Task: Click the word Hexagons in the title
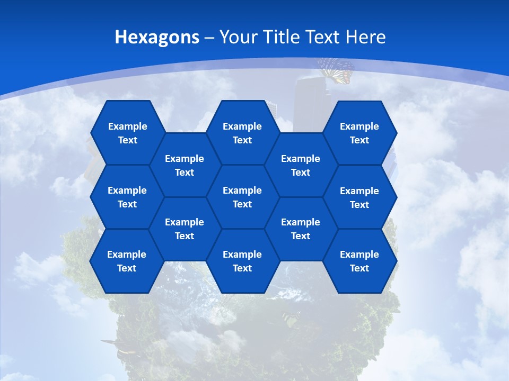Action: pyautogui.click(x=157, y=37)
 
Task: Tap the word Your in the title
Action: pyautogui.click(x=236, y=37)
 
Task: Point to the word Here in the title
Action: pyautogui.click(x=366, y=37)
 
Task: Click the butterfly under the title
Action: pyautogui.click(x=336, y=70)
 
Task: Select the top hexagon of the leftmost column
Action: pyautogui.click(x=127, y=133)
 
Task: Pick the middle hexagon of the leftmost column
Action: pyautogui.click(x=127, y=197)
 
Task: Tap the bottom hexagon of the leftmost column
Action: pyautogui.click(x=127, y=261)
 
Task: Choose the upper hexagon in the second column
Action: pyautogui.click(x=185, y=165)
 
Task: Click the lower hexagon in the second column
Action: pyautogui.click(x=185, y=229)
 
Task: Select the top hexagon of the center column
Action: pyautogui.click(x=242, y=133)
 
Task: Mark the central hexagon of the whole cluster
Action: pyautogui.click(x=242, y=197)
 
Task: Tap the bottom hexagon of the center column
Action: pyautogui.click(x=242, y=261)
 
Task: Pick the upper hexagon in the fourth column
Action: pyautogui.click(x=301, y=165)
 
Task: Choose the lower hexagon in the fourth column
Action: pyautogui.click(x=301, y=229)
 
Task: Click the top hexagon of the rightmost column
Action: pyautogui.click(x=359, y=133)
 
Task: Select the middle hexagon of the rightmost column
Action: pyautogui.click(x=359, y=197)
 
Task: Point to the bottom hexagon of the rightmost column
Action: pyautogui.click(x=359, y=261)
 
